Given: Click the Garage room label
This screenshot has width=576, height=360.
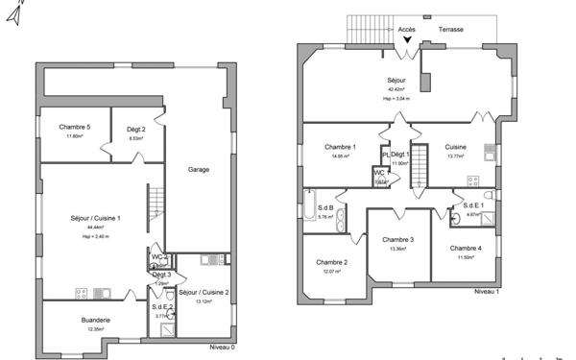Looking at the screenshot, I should point(199,170).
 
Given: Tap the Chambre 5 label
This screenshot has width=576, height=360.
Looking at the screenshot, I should point(75,128).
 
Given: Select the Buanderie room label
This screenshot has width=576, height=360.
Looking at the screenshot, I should point(96,320).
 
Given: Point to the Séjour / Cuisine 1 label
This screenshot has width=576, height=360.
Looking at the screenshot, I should point(95,218).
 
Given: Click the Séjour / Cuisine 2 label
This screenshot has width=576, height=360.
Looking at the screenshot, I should point(204,292).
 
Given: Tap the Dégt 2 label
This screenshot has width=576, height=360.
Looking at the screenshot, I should point(136,129).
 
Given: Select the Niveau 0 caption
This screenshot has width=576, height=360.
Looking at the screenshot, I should point(222,348).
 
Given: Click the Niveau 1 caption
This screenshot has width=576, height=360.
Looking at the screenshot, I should point(487,292).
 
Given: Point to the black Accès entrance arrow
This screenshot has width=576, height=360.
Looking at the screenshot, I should point(407,39).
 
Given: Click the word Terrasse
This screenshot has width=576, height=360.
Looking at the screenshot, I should point(451,30).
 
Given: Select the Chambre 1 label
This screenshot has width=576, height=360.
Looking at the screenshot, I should point(341,147).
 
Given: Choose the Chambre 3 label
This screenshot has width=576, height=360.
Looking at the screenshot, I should point(397,239).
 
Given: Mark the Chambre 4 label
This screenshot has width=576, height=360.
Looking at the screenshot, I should point(467,249).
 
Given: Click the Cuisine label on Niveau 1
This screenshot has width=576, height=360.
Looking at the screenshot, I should point(456,147).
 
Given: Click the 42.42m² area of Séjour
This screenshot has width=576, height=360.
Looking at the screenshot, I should point(397,89).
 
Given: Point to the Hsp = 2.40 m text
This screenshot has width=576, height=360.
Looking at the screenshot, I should point(95,235).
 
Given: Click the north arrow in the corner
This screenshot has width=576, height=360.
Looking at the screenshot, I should point(12,14).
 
